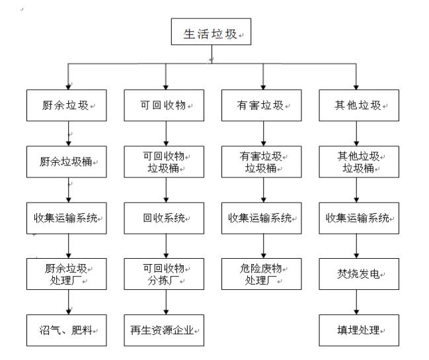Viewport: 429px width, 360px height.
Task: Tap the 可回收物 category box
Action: coord(165,105)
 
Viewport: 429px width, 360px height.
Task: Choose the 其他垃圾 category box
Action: coord(358,105)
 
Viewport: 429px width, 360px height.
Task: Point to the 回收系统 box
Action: coord(165,217)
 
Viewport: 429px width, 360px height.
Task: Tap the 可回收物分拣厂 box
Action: coord(165,273)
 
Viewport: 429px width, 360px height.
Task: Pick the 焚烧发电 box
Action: coord(358,273)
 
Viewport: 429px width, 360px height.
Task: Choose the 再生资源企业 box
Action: coord(165,328)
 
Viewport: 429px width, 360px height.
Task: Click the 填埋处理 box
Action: coord(358,328)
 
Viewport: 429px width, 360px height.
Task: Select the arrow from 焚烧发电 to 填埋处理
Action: coord(358,300)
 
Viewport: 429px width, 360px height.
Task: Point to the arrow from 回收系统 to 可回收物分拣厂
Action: coord(165,245)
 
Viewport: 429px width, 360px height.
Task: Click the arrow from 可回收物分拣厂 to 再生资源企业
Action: coord(165,300)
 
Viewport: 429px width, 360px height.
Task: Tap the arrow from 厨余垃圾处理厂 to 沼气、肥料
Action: coord(68,300)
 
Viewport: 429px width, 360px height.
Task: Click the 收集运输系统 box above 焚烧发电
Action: coord(358,217)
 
